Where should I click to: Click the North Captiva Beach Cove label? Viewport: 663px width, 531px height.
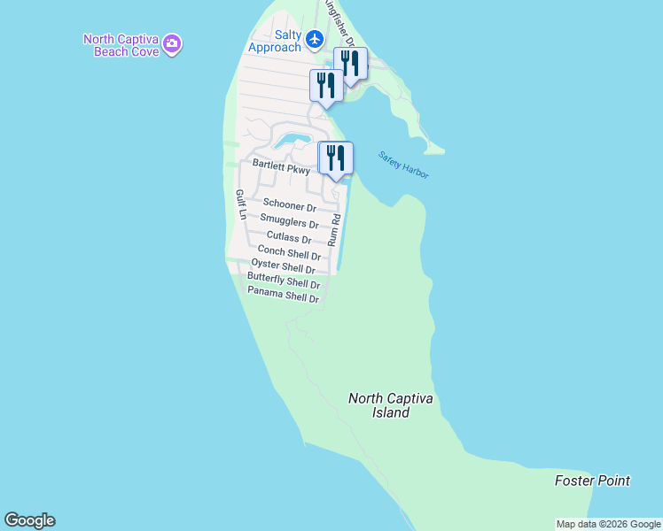tap(121, 45)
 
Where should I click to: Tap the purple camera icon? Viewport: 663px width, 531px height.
tap(173, 43)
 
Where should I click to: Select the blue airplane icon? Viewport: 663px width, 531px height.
tap(315, 39)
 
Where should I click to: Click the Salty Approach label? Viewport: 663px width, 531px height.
tap(275, 40)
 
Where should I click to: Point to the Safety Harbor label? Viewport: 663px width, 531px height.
tap(403, 165)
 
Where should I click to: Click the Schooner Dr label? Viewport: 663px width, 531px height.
tap(289, 205)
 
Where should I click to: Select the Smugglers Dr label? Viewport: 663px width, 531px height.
tap(289, 222)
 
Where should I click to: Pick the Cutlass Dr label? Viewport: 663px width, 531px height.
tap(289, 239)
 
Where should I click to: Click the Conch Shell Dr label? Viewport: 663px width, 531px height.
tap(289, 253)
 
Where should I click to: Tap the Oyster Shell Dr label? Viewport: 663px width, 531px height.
tap(284, 267)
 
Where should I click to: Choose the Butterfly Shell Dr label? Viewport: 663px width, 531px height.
tap(283, 283)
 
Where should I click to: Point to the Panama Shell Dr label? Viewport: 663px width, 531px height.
tap(283, 296)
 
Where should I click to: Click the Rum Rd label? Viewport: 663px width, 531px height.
tap(334, 230)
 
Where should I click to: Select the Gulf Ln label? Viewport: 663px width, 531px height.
tap(239, 204)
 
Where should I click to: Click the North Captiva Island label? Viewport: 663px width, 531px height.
tap(391, 405)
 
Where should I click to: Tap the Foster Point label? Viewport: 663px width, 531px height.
tap(592, 481)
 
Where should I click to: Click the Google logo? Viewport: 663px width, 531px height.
tap(29, 520)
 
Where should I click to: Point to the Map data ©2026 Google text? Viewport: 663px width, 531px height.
tap(609, 524)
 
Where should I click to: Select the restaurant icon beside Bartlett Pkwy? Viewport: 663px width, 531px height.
tap(336, 158)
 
